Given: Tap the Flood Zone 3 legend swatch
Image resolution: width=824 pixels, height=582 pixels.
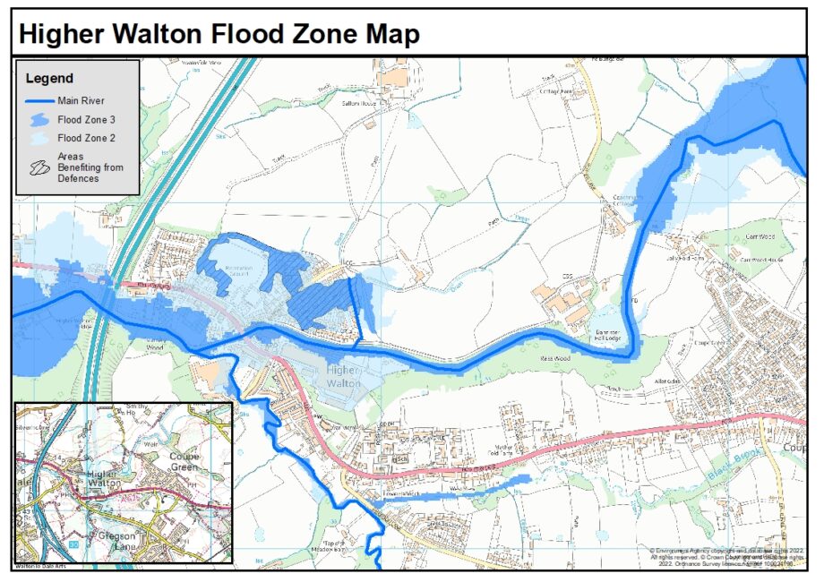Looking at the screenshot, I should point(38,119).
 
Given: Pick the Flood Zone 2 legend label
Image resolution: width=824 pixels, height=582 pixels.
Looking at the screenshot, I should point(87,139).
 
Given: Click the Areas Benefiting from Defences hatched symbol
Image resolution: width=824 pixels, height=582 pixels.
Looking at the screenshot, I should point(39,167).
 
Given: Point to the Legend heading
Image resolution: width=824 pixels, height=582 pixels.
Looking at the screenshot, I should point(49,79).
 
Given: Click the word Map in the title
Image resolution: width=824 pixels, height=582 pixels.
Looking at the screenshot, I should point(390,34).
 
